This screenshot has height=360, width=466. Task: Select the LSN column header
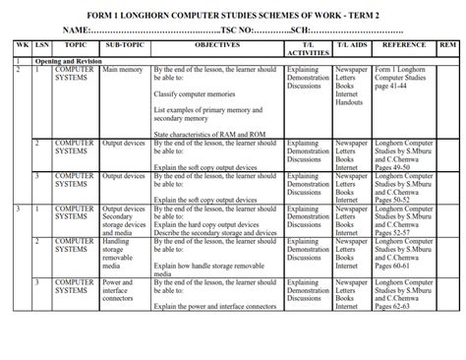pyautogui.click(x=40, y=46)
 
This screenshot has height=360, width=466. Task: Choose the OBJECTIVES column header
pyautogui.click(x=217, y=46)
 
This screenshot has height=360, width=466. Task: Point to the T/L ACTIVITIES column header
pyautogui.click(x=308, y=50)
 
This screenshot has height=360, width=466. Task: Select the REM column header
pyautogui.click(x=446, y=46)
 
